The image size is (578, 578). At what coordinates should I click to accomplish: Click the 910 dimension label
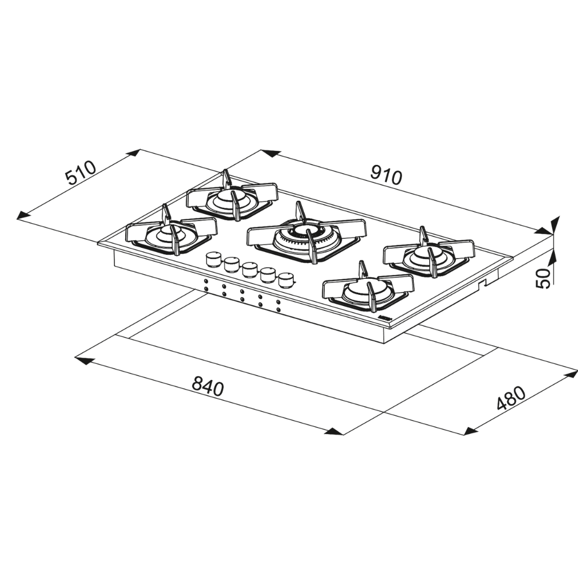tap(386, 175)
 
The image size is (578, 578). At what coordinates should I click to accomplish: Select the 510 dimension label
tap(81, 172)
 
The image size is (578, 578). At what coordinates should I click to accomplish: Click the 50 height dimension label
tap(543, 278)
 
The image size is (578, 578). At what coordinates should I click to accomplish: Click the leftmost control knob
tap(214, 258)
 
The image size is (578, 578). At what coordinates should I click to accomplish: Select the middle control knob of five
tap(249, 269)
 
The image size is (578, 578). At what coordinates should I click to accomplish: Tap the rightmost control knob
tap(286, 279)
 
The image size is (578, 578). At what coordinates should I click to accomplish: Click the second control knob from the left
tap(231, 264)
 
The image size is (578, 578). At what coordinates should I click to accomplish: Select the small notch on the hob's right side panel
tap(483, 282)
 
